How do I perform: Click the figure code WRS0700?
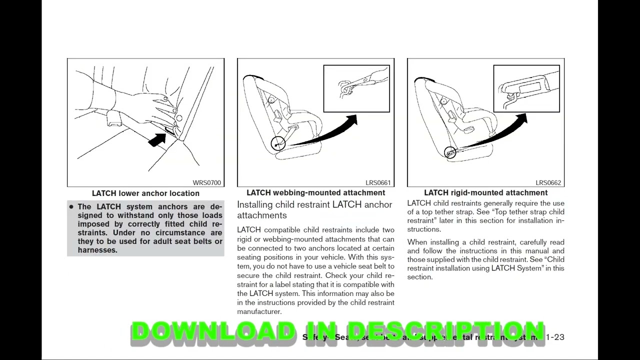click(x=206, y=183)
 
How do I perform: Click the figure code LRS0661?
click(x=378, y=183)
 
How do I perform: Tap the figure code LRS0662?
click(x=548, y=183)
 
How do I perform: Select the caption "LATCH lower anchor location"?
click(x=145, y=193)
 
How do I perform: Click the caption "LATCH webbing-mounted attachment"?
click(x=315, y=193)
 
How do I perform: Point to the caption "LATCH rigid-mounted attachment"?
click(x=485, y=193)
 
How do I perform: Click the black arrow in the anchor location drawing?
click(x=157, y=140)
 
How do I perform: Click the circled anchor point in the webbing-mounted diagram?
click(x=277, y=144)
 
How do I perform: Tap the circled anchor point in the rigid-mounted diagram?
click(x=449, y=152)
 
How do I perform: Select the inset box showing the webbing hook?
click(x=356, y=88)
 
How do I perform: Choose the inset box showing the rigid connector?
click(x=526, y=88)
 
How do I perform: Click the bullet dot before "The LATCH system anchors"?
click(x=71, y=207)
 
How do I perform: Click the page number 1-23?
click(x=555, y=337)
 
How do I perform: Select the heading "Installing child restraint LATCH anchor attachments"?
click(x=314, y=210)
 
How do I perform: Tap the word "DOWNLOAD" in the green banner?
click(x=213, y=332)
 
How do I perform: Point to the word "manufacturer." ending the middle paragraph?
click(x=259, y=311)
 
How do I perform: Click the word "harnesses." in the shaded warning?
click(x=97, y=250)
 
